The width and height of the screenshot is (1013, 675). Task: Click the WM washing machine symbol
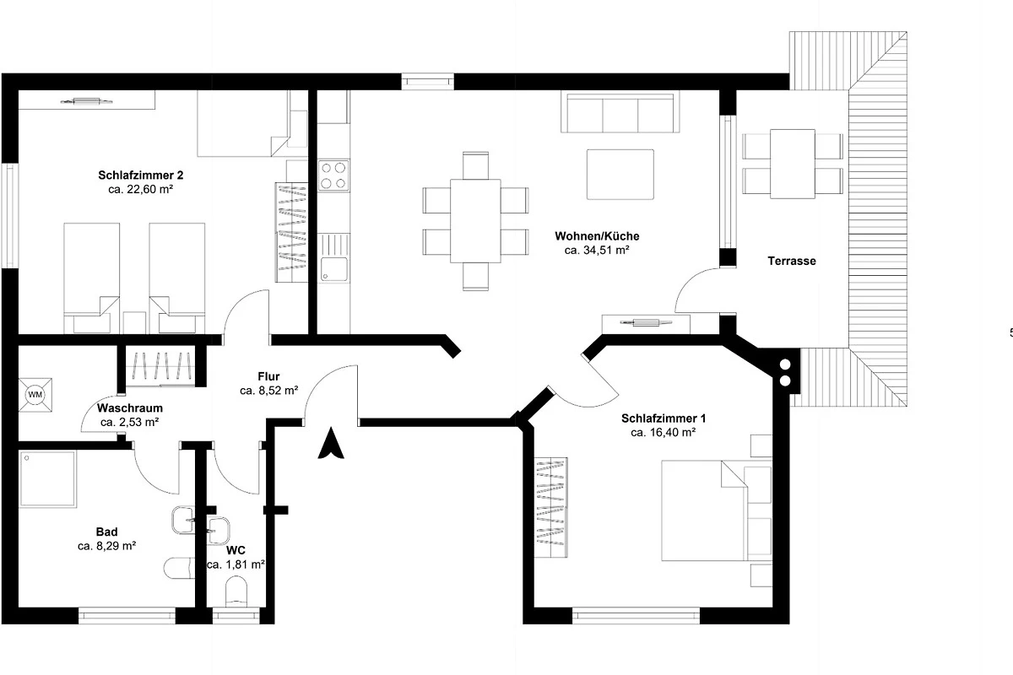[x=35, y=395]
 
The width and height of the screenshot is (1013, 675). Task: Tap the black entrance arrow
[x=331, y=443]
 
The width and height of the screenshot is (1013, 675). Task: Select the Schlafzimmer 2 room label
[x=141, y=175]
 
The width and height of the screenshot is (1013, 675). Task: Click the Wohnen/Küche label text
[x=597, y=236]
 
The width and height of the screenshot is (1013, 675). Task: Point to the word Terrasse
[x=792, y=261]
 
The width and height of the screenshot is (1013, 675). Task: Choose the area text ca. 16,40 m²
[x=663, y=433]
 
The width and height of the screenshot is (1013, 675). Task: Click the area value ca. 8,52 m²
[x=269, y=391]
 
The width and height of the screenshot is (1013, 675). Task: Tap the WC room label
[x=236, y=550]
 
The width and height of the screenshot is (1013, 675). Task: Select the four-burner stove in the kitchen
[x=333, y=175]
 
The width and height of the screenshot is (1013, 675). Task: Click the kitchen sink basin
[x=334, y=269]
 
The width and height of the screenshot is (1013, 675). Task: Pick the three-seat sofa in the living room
[x=620, y=112]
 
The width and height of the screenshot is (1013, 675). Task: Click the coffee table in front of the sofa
[x=620, y=175]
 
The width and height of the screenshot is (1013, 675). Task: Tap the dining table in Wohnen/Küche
[x=475, y=220]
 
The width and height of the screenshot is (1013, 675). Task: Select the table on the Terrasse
[x=793, y=165]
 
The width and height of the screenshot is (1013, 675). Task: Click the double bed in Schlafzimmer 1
[x=717, y=510]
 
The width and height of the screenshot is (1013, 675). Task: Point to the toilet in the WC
[x=236, y=591]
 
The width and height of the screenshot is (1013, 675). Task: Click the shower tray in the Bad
[x=47, y=478]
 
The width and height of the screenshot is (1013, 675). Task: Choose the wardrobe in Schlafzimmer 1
[x=550, y=507]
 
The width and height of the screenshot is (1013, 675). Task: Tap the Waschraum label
[x=130, y=408]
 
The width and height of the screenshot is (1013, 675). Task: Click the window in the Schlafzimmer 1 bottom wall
[x=636, y=616]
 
